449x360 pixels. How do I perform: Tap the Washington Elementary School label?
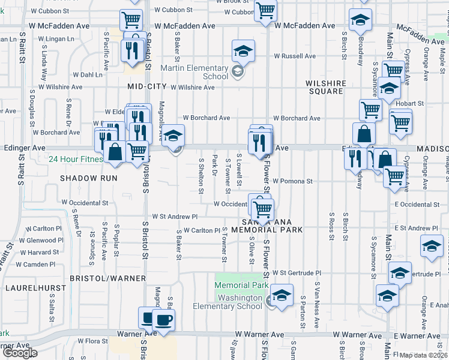[x=228, y=302]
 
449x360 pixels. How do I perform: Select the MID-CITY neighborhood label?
[x=146, y=86]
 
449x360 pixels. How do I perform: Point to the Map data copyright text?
[x=424, y=355]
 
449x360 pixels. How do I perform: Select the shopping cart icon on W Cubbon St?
[x=265, y=10]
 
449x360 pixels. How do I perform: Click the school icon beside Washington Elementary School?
[x=281, y=295]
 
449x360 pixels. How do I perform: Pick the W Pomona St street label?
[x=292, y=181]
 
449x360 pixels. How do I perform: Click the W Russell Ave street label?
[x=294, y=56]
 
